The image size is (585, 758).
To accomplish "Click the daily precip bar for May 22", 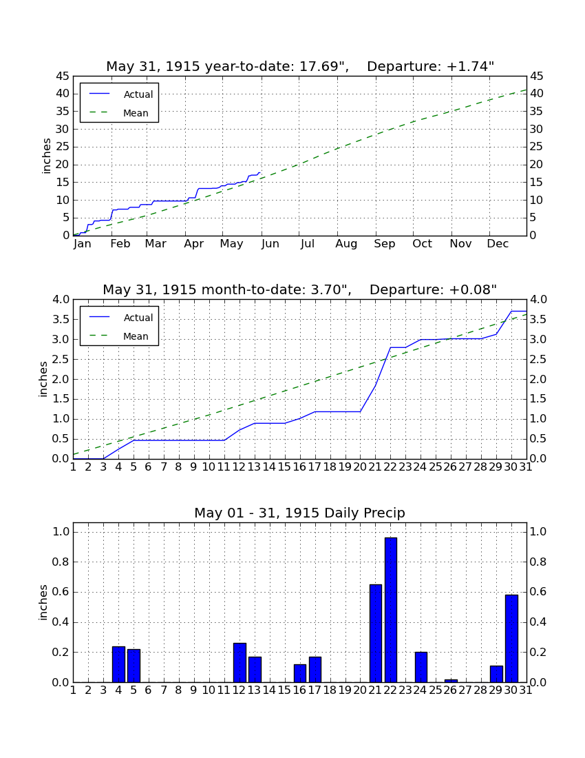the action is coord(391,610).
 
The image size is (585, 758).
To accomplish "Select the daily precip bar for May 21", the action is coord(376,633).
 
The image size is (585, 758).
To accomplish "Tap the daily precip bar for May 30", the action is coord(511,639).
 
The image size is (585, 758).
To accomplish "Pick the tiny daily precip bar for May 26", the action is coord(451,681).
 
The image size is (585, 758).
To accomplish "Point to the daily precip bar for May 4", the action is coord(119,664).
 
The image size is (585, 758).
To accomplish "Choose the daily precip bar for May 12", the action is coord(240,662).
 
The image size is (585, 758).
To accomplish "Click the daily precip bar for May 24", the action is coord(421,667).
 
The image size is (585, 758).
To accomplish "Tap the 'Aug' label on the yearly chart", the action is coord(347,244).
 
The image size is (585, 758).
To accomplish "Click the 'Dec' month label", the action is coord(498,244).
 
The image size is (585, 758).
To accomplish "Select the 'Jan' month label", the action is coord(82,244).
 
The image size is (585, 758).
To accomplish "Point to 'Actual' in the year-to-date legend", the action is coord(138,95).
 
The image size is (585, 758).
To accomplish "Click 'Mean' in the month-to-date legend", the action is coord(136,336).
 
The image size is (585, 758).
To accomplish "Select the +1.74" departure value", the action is coord(471,67).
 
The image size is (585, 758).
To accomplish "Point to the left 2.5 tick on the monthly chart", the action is coord(61,359).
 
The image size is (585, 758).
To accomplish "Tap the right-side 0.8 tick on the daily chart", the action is coord(538,562).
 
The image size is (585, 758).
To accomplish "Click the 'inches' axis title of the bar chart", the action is coord(43,602).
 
